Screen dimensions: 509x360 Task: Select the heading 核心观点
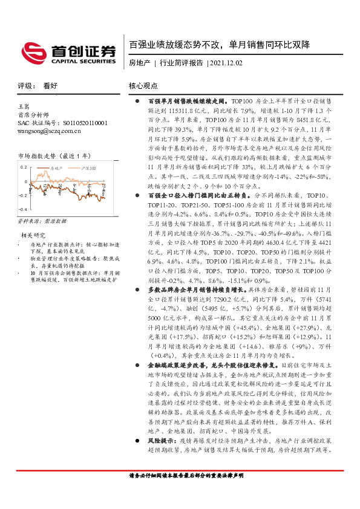143,86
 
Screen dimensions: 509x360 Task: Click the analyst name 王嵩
24,106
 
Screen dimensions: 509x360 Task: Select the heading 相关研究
33,218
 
